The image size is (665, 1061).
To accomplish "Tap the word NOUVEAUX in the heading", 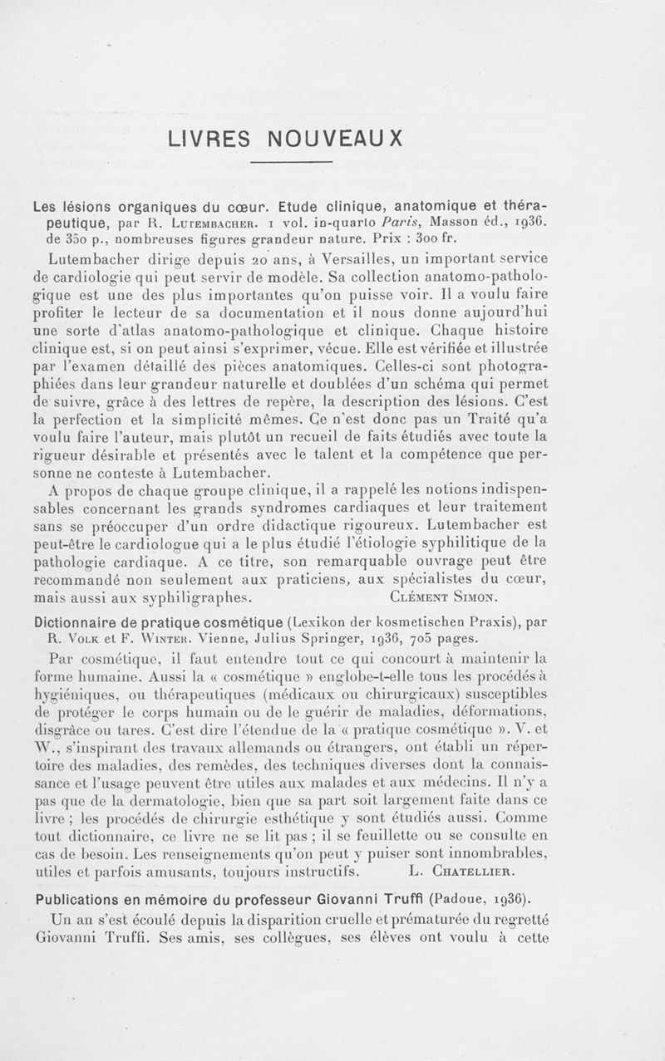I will click(x=341, y=138).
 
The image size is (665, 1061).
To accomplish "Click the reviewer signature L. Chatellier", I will click(x=463, y=872).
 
